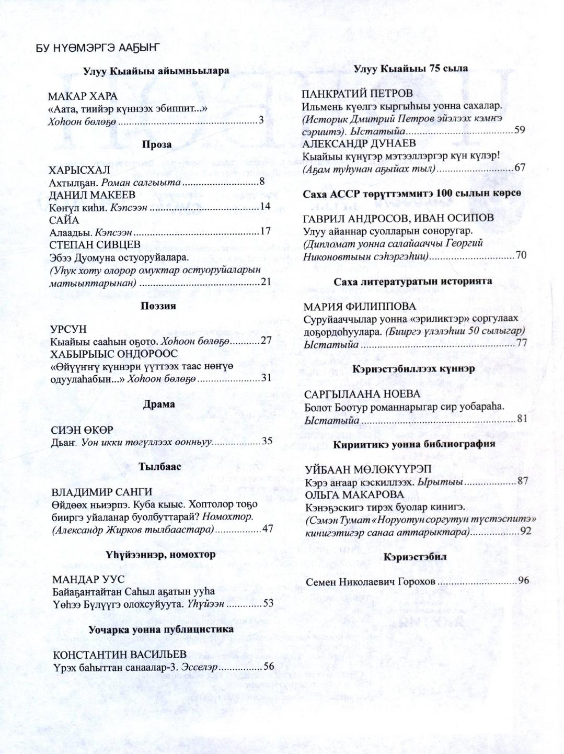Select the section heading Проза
pyautogui.click(x=157, y=145)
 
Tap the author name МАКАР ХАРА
pyautogui.click(x=83, y=97)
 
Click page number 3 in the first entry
pyautogui.click(x=261, y=121)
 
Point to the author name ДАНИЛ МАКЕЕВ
pyautogui.click(x=92, y=195)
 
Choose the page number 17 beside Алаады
pyautogui.click(x=266, y=231)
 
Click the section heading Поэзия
pyautogui.click(x=158, y=306)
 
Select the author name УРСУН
pyautogui.click(x=68, y=329)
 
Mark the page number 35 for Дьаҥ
pyautogui.click(x=267, y=441)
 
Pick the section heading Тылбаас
pyautogui.click(x=160, y=467)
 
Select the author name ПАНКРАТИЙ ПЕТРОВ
pyautogui.click(x=358, y=94)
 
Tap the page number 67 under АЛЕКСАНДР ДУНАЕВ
pyautogui.click(x=520, y=167)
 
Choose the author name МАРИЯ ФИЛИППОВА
pyautogui.click(x=360, y=307)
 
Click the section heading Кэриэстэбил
pyautogui.click(x=415, y=557)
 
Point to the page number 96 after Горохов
pyautogui.click(x=523, y=580)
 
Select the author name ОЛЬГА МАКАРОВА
pyautogui.click(x=354, y=494)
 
